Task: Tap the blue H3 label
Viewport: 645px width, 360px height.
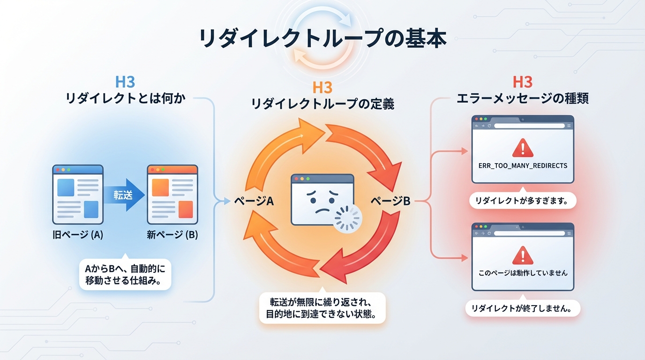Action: point(125,82)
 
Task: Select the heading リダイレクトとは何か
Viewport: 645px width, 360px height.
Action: point(126,99)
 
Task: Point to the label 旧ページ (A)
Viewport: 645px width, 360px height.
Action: point(78,235)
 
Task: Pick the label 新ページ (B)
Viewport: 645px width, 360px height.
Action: point(172,235)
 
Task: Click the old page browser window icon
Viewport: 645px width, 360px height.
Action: point(78,195)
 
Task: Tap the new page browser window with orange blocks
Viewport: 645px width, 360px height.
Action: point(172,195)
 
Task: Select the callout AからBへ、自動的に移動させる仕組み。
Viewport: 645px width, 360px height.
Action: point(126,275)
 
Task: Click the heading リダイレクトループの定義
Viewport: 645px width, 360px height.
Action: point(322,104)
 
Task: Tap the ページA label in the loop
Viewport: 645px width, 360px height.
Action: point(254,202)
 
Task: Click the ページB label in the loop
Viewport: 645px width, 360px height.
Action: point(390,202)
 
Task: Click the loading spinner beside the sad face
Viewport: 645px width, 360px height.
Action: point(348,218)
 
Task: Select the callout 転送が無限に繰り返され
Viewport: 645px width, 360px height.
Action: point(322,307)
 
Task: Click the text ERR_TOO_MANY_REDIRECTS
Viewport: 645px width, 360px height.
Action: point(523,166)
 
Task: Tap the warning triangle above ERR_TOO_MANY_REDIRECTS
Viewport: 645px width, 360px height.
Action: point(522,148)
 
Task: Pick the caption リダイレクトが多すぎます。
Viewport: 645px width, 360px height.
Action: point(523,201)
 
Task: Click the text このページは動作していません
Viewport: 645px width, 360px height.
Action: point(523,273)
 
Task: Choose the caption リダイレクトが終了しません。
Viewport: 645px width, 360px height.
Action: point(523,308)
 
